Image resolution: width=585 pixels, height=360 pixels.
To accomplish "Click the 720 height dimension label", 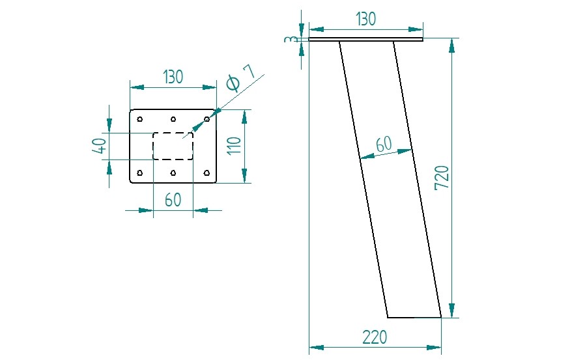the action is (442, 178).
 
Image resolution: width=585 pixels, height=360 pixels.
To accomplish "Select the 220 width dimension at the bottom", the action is (375, 337).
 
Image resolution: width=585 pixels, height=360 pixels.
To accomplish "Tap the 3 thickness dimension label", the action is (291, 39).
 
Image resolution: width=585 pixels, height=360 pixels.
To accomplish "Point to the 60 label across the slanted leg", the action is (384, 145).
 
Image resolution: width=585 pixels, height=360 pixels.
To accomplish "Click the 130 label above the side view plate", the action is (366, 19).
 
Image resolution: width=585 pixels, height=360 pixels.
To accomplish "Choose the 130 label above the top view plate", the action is (173, 77).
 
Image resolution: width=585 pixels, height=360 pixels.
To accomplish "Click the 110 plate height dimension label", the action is (235, 146).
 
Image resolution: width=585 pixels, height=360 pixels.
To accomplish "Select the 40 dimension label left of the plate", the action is (99, 146).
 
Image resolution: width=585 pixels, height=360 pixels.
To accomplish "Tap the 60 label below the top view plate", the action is (173, 200).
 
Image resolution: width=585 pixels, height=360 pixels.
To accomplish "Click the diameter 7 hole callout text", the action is (241, 77).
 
